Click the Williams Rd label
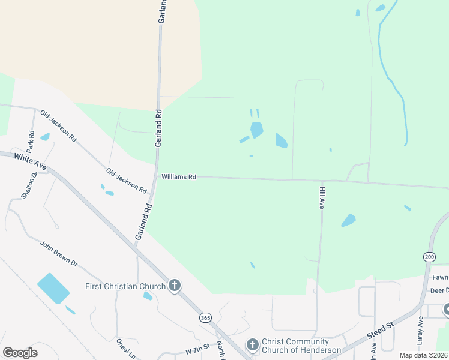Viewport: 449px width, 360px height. click(x=178, y=177)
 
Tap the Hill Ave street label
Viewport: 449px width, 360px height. click(x=321, y=197)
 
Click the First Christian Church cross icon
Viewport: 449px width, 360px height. click(x=175, y=286)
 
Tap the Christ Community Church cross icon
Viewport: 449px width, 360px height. click(x=252, y=345)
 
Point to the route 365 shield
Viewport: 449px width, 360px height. click(x=205, y=317)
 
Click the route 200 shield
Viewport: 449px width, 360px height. click(x=429, y=256)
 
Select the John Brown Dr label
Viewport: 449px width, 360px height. click(x=59, y=254)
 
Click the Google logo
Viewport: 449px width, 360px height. click(x=20, y=352)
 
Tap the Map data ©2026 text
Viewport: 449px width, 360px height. click(x=423, y=355)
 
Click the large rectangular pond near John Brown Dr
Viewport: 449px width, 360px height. click(x=53, y=288)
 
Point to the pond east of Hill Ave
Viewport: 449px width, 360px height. click(x=348, y=220)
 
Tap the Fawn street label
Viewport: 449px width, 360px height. click(x=440, y=278)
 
